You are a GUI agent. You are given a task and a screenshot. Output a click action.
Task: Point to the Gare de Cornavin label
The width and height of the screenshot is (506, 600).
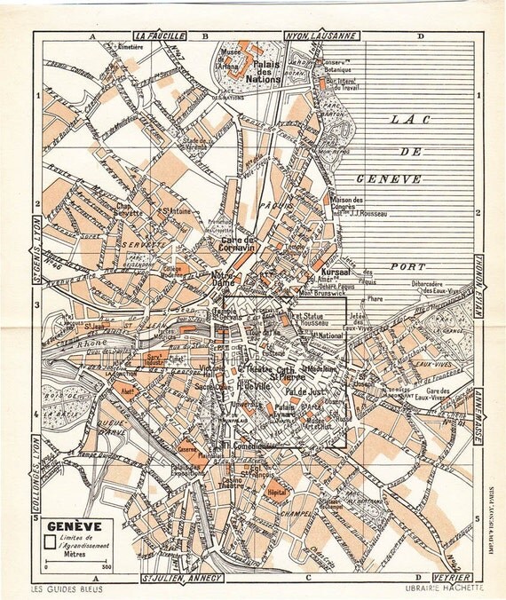238,244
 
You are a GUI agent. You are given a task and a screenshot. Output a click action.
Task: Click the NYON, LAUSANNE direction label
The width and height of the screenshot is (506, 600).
320,36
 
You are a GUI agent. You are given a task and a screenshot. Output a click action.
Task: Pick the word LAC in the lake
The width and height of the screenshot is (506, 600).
407,119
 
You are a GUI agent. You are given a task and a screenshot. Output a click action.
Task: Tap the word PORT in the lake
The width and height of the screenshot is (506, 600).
407,265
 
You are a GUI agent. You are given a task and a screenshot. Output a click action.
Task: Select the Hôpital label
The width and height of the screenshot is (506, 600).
277,491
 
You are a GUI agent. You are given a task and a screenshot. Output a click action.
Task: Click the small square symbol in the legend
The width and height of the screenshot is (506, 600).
50,538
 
